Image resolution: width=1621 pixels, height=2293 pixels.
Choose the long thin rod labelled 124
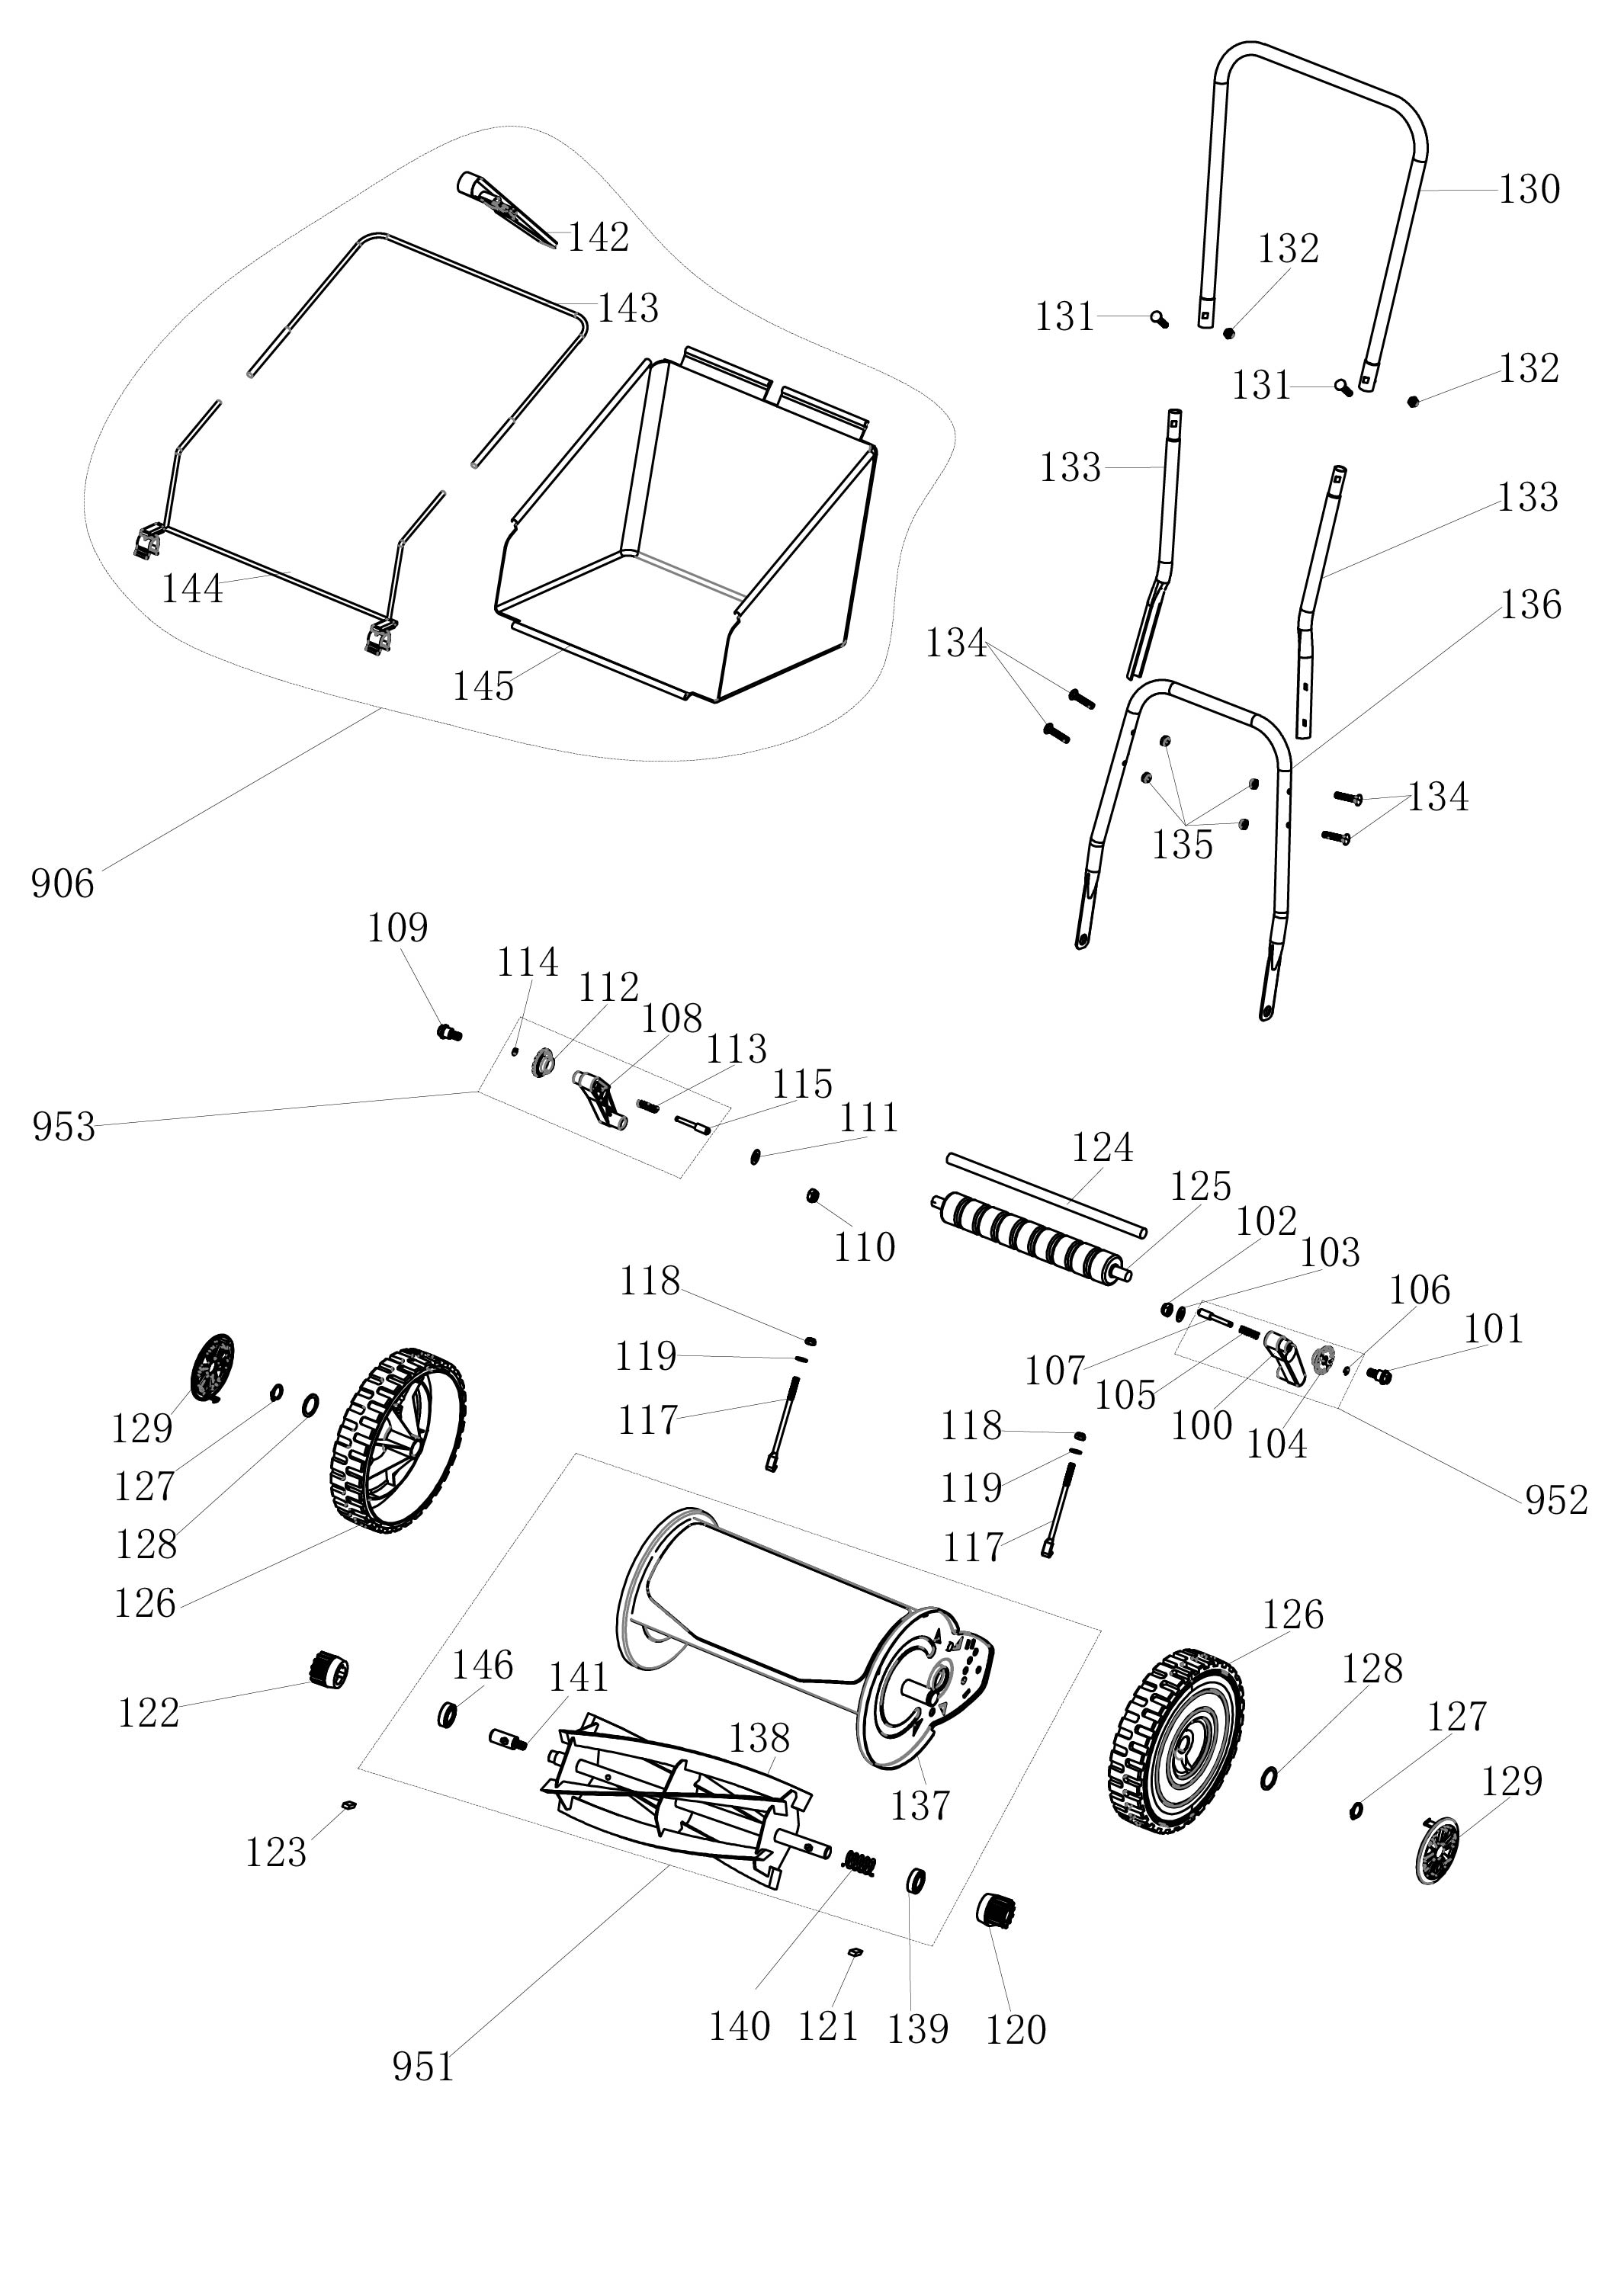click(x=1045, y=1195)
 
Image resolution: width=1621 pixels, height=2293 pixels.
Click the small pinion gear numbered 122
click(x=329, y=1669)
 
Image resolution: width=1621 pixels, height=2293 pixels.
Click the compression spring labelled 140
click(x=860, y=1862)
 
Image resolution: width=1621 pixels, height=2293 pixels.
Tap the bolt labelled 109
click(x=448, y=1033)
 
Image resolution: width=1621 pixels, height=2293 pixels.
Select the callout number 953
click(x=63, y=1127)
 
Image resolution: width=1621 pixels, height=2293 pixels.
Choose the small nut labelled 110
click(x=813, y=1195)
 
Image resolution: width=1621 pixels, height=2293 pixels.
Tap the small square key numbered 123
click(x=348, y=1804)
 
